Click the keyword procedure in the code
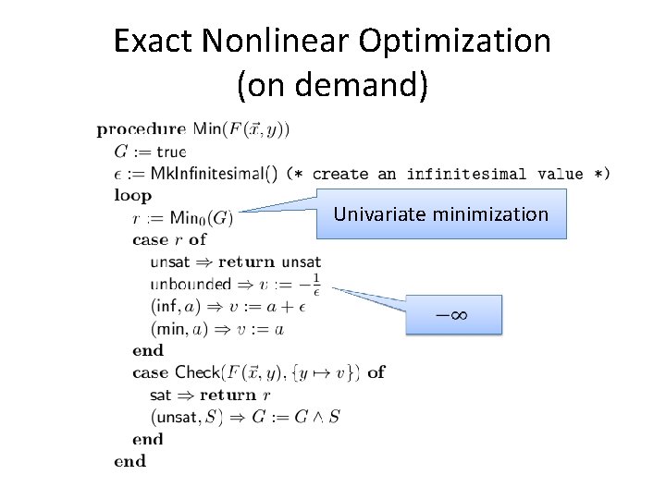click(x=142, y=129)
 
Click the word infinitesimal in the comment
click(x=466, y=174)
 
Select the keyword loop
click(x=132, y=196)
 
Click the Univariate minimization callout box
click(x=440, y=214)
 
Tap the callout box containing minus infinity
click(x=452, y=315)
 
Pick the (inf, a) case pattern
click(x=175, y=307)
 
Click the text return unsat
click(x=269, y=262)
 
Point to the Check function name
click(x=197, y=372)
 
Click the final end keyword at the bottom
click(x=129, y=460)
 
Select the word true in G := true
click(x=171, y=152)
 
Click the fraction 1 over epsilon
click(x=315, y=283)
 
